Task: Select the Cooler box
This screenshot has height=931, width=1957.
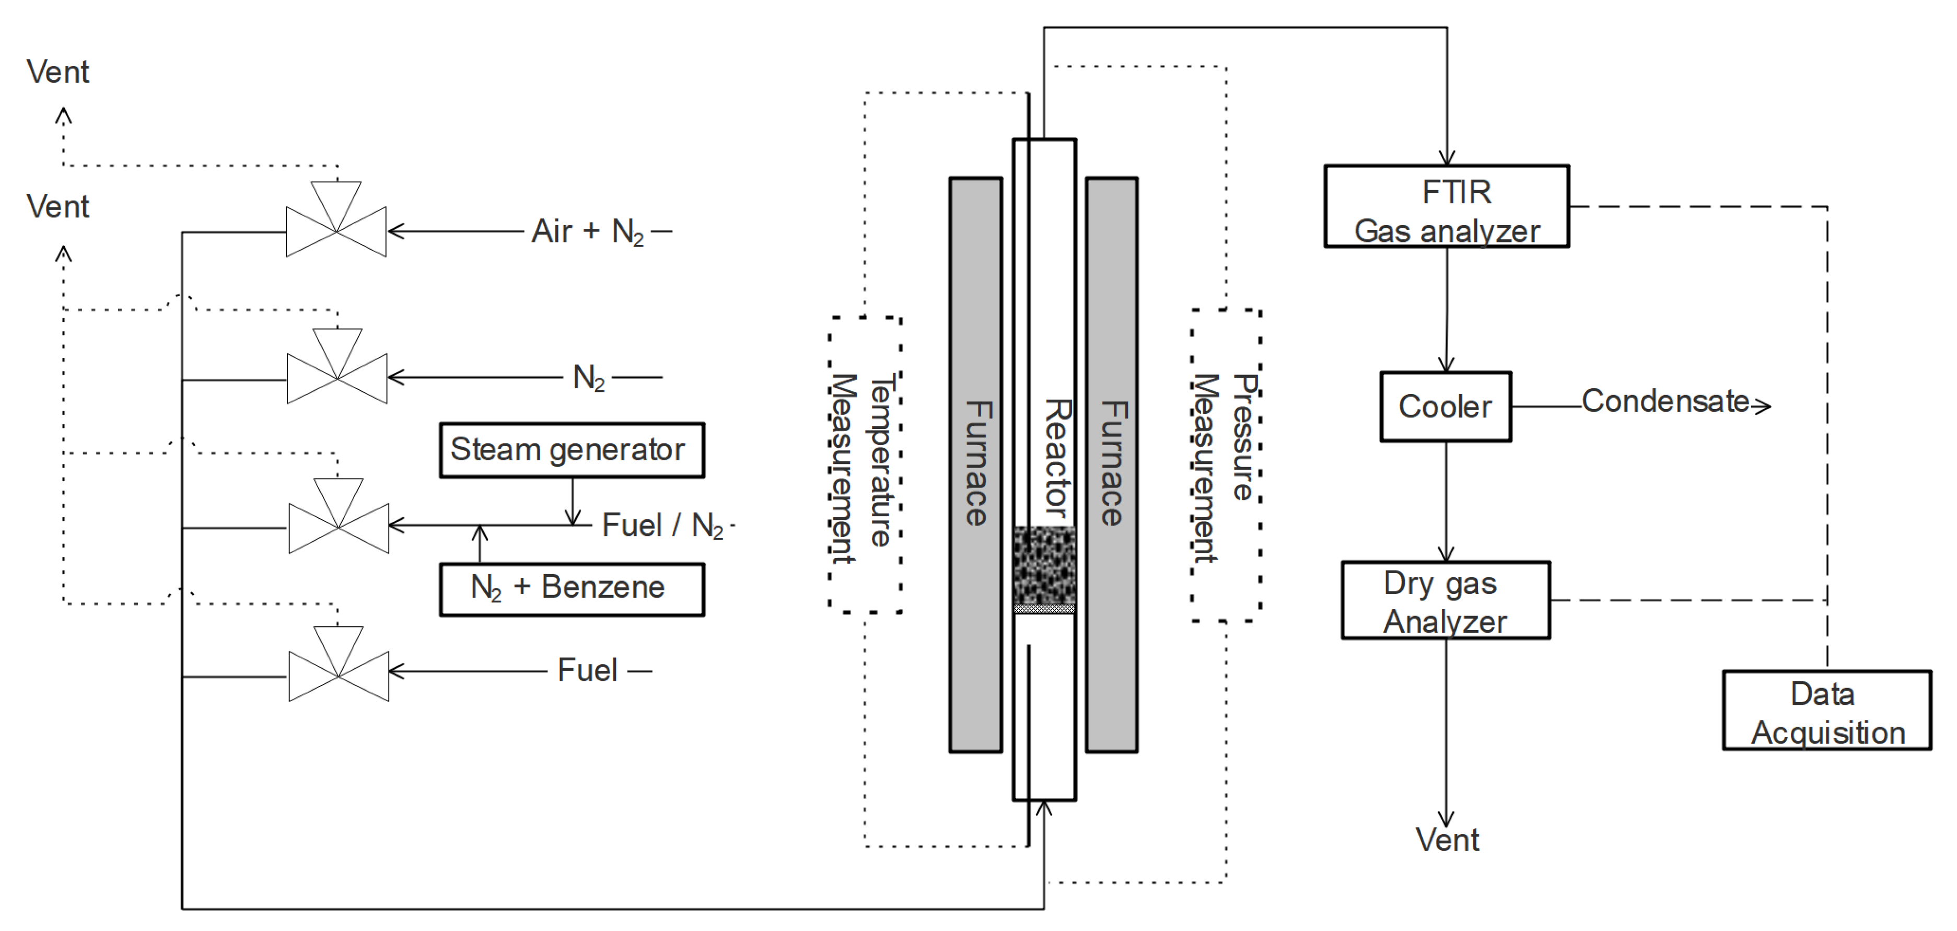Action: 1445,406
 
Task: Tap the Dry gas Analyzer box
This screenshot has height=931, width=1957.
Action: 1445,600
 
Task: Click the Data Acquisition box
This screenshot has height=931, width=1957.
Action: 1826,711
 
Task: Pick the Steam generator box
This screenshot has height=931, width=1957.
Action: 572,450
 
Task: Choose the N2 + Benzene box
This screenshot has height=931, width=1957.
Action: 572,589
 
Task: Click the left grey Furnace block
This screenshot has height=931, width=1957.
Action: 975,465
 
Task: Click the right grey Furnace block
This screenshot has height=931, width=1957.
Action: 1111,465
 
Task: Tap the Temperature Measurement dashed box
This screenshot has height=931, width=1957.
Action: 865,465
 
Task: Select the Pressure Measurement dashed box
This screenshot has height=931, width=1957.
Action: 1226,465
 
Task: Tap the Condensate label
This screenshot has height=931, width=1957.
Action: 1665,402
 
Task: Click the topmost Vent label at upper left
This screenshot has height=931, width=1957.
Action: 58,72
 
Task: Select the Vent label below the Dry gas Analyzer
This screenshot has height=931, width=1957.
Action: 1447,840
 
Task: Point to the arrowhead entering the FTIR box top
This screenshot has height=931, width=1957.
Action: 1447,158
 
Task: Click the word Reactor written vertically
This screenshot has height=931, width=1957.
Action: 1057,458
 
